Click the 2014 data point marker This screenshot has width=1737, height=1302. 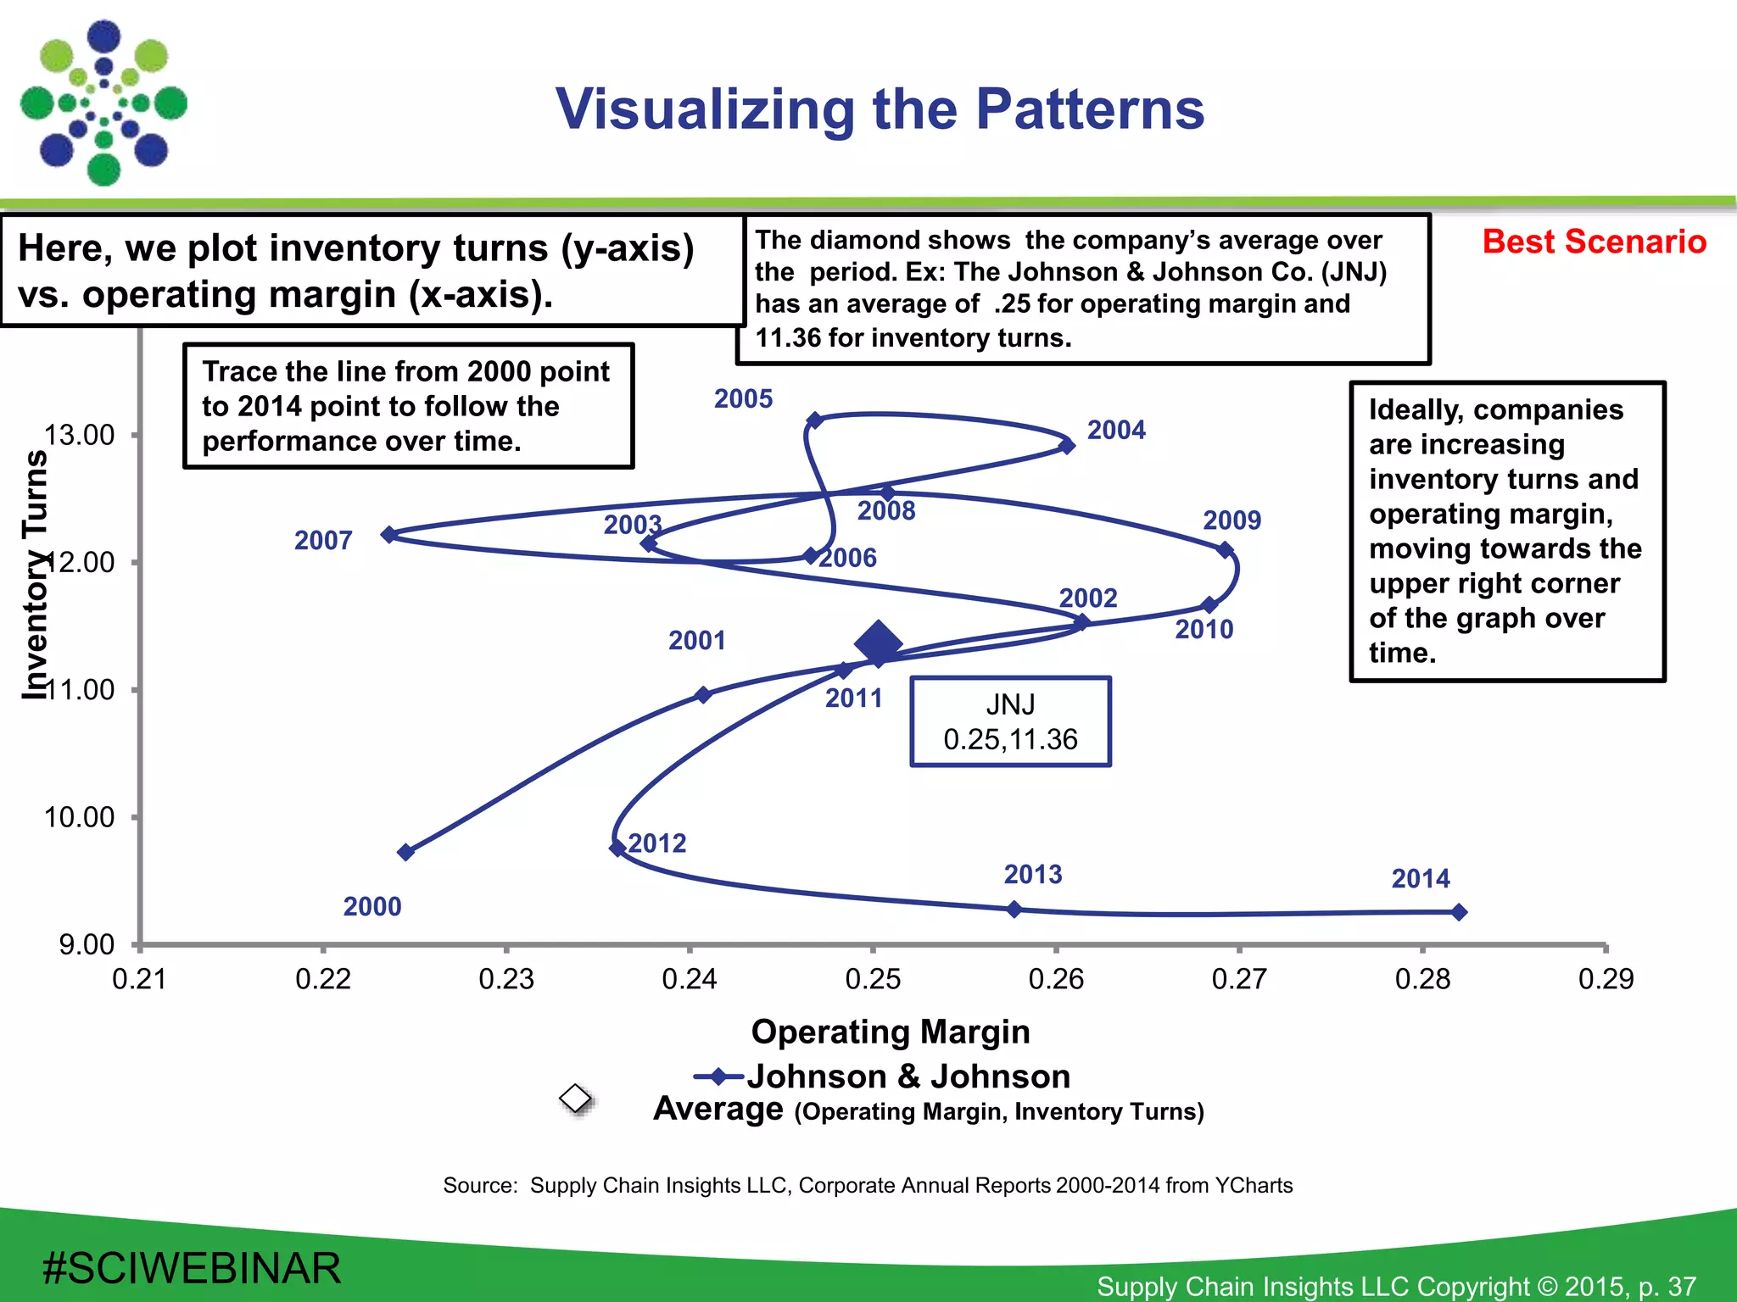(1459, 912)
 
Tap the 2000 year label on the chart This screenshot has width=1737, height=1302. (372, 906)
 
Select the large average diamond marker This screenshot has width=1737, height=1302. (878, 643)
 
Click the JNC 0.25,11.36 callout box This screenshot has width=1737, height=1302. (1010, 721)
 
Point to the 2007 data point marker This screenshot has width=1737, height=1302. (389, 534)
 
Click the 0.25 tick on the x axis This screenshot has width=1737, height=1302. (873, 979)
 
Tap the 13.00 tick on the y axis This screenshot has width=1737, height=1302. (79, 435)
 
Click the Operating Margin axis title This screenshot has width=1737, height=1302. (891, 1032)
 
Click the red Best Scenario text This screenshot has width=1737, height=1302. (1594, 242)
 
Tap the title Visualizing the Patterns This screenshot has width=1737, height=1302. (880, 109)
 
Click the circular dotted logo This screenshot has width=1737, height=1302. (103, 103)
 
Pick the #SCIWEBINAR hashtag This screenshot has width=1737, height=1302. (192, 1268)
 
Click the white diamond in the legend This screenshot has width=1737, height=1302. (576, 1099)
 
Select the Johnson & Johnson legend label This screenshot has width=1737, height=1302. (908, 1077)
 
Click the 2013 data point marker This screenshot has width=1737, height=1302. (1014, 910)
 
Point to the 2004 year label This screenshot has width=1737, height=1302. (1116, 430)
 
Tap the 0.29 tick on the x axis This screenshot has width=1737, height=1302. (1606, 979)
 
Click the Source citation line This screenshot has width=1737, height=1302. (868, 1185)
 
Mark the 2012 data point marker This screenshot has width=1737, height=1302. (617, 848)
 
